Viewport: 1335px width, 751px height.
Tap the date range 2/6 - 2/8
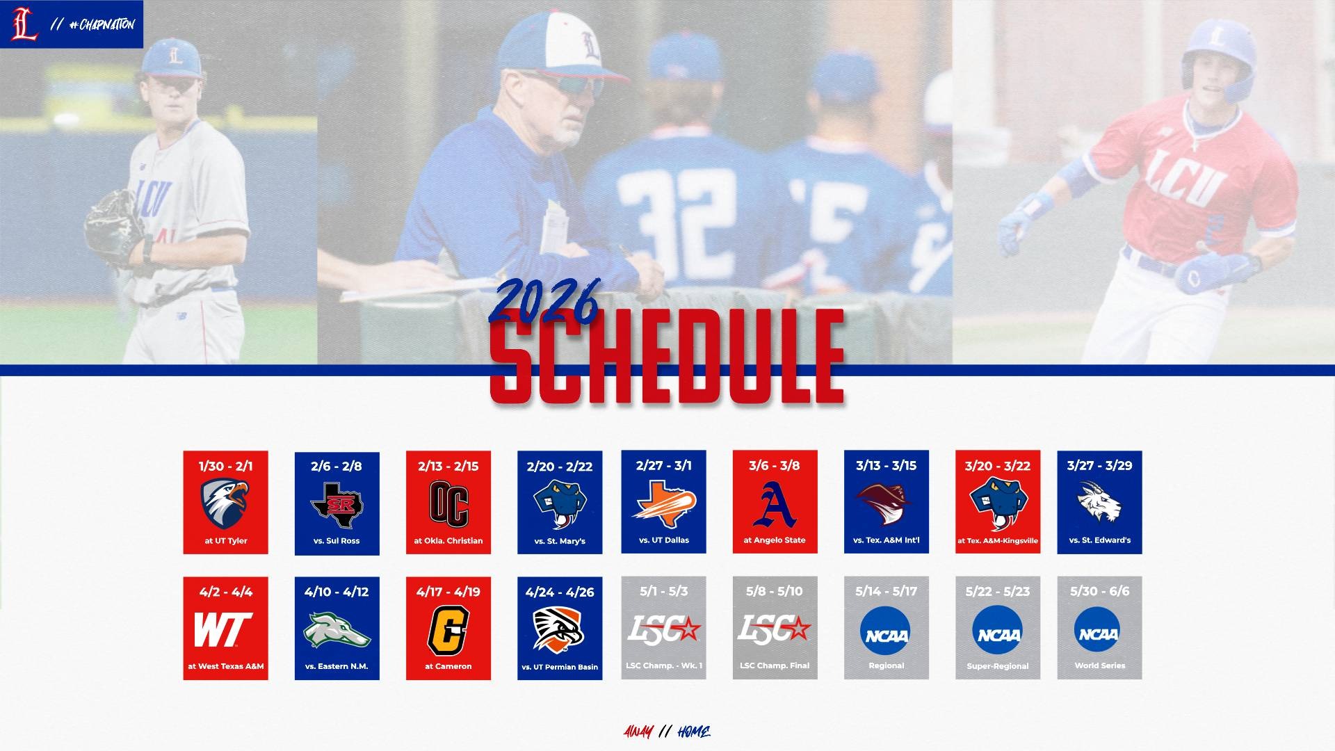click(337, 467)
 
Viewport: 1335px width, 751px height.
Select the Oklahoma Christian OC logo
click(448, 504)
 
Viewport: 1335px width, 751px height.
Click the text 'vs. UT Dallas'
click(663, 540)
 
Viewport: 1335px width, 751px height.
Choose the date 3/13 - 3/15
click(886, 466)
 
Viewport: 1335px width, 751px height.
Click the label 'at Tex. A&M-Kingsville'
click(998, 541)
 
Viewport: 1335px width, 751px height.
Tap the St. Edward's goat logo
click(1099, 502)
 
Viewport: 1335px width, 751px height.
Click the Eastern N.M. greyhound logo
click(337, 629)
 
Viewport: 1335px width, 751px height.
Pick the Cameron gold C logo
click(448, 630)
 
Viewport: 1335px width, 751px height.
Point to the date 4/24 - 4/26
click(560, 592)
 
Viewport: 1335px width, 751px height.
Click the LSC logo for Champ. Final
click(774, 629)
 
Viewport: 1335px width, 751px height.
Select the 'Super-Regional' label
click(998, 666)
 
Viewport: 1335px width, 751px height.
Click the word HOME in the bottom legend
click(693, 732)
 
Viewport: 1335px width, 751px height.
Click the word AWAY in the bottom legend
click(638, 732)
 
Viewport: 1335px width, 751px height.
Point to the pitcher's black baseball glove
click(111, 226)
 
